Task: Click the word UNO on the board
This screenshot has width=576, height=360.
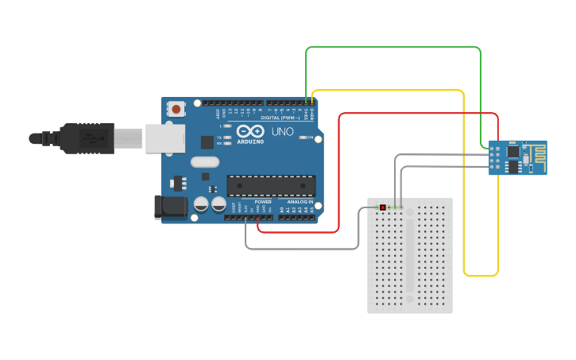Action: click(x=283, y=131)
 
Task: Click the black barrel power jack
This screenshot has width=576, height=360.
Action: click(x=170, y=207)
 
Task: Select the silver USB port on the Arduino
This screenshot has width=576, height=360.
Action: click(x=164, y=137)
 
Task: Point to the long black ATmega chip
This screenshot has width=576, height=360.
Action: click(x=270, y=185)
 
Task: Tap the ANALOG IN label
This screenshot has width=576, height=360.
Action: click(x=299, y=202)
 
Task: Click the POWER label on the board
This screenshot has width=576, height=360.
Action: click(x=263, y=202)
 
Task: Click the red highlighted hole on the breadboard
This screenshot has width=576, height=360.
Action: click(x=382, y=208)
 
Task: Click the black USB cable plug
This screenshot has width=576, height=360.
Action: click(x=79, y=137)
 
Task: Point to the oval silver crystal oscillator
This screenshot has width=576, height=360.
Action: click(x=204, y=162)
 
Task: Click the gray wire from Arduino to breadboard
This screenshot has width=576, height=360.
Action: click(x=302, y=249)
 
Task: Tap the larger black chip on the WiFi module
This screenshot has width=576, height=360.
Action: click(x=513, y=150)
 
